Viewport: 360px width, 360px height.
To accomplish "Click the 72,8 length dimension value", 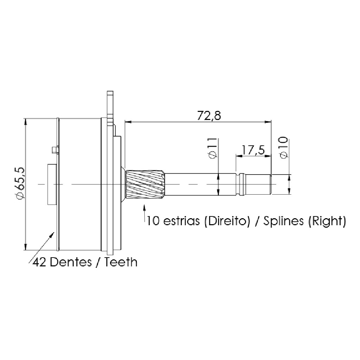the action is pos(209,115).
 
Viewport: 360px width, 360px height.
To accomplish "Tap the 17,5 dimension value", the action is pos(253,150).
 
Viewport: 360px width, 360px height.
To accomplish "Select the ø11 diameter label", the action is pos(213,148).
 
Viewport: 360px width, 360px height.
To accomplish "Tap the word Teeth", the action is pos(121,262).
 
